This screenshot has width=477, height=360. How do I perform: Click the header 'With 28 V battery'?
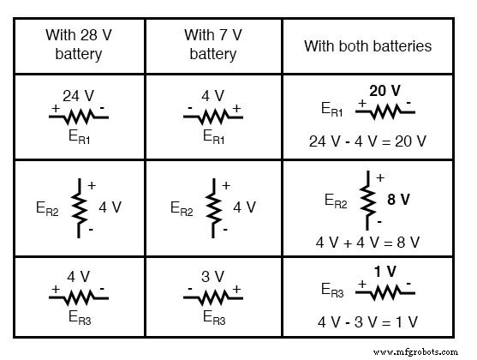[80, 45]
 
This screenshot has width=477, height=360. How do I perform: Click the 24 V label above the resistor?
[78, 95]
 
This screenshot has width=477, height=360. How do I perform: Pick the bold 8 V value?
[399, 200]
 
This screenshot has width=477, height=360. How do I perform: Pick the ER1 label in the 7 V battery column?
[214, 135]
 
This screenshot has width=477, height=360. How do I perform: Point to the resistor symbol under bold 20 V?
[384, 109]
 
